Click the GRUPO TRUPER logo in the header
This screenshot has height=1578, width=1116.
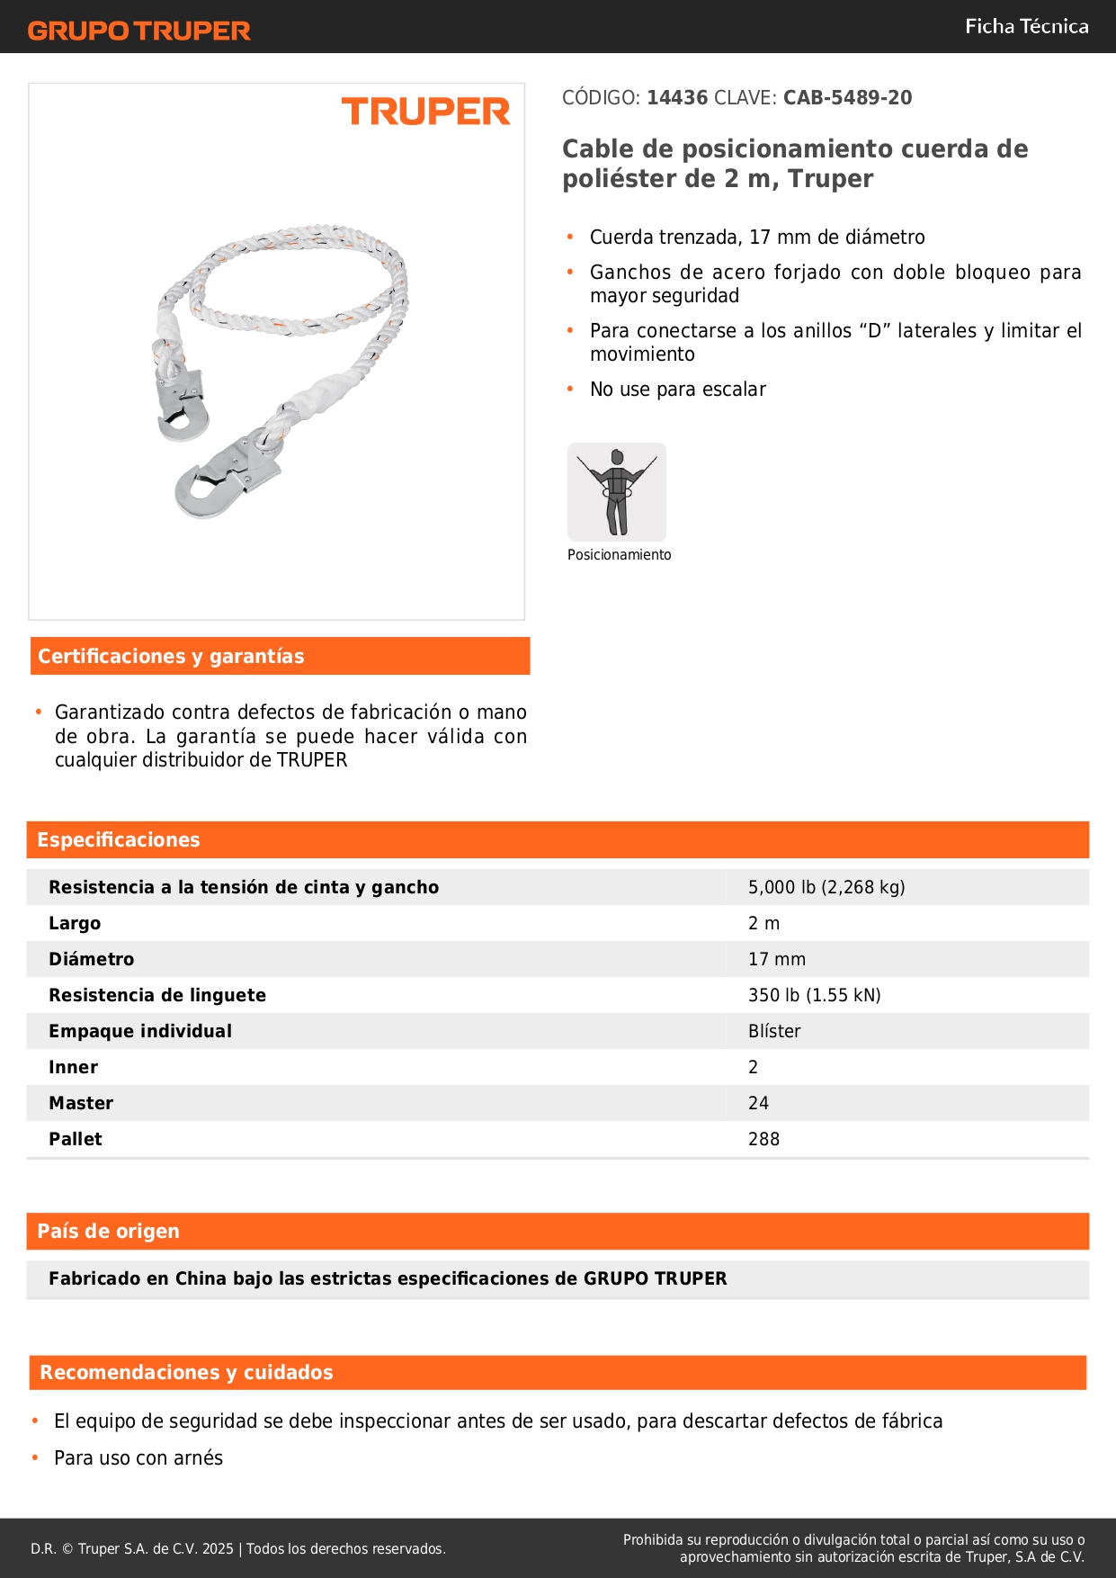139,31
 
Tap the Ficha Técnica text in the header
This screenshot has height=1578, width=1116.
1026,26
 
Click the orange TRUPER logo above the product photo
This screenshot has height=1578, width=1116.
425,112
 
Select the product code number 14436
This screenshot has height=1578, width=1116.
677,98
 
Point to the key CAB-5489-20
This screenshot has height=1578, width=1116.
847,98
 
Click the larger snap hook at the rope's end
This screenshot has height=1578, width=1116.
225,477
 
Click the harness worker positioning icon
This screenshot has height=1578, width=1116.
617,491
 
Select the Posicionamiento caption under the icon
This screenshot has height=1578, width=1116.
619,555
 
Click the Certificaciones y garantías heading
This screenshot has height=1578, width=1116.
171,657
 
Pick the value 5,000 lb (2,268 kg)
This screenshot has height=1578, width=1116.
826,887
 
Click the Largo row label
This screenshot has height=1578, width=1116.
75,923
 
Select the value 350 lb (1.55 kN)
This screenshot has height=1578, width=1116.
814,995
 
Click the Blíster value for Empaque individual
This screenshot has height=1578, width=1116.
774,1031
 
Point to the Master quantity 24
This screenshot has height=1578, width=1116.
758,1103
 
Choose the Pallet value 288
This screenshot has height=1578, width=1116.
763,1139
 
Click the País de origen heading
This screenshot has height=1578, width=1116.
108,1232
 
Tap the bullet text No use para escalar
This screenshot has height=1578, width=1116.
677,390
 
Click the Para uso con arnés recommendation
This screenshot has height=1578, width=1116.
138,1458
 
